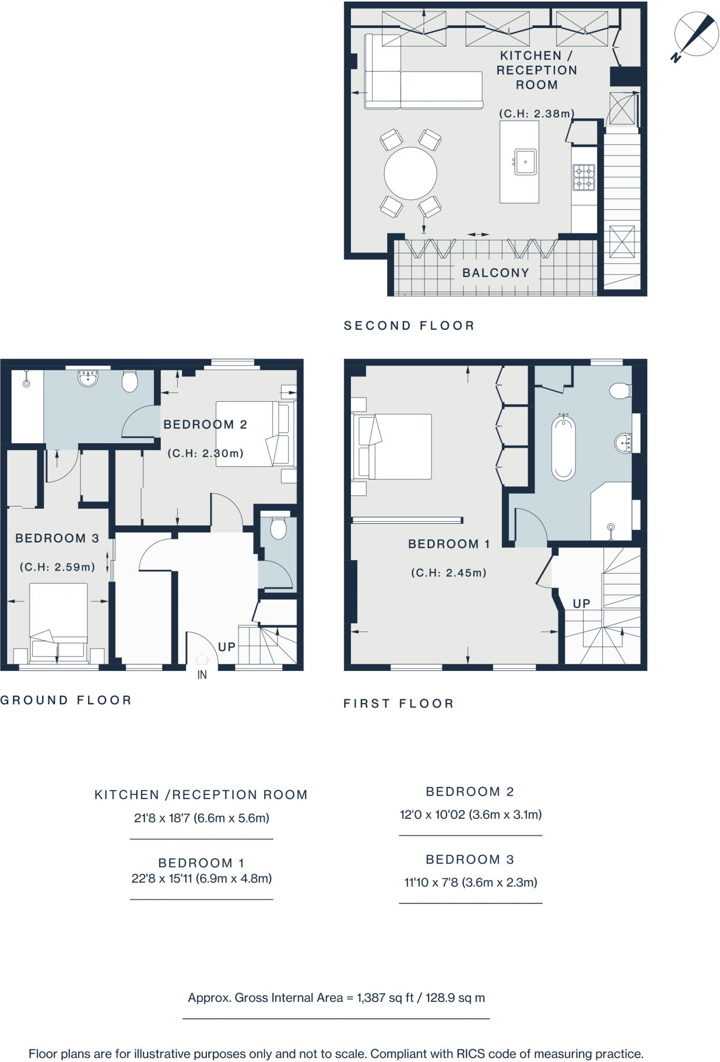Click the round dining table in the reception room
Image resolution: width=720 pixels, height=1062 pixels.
click(x=410, y=173)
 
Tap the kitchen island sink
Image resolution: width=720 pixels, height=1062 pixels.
click(x=525, y=162)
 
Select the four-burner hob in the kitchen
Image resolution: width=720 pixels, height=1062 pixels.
click(x=584, y=177)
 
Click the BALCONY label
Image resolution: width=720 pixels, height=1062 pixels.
click(x=496, y=273)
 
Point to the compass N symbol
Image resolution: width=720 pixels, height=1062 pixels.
click(x=675, y=58)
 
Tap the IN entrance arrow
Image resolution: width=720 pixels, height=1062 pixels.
click(x=202, y=659)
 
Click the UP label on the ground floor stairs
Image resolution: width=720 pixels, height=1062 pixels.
click(x=227, y=647)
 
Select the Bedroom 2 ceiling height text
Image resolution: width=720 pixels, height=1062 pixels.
click(x=205, y=453)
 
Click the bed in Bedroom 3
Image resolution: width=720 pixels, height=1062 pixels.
click(x=58, y=622)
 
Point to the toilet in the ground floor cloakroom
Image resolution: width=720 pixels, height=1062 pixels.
click(x=278, y=529)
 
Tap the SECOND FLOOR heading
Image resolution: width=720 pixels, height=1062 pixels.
click(x=409, y=326)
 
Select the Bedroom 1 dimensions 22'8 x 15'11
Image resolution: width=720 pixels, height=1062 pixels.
click(x=201, y=878)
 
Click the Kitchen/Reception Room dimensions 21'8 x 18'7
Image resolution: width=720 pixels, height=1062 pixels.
click(x=201, y=818)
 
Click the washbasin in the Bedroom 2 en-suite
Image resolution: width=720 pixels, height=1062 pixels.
click(x=89, y=378)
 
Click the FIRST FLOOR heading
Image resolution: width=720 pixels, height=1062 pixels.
click(x=398, y=704)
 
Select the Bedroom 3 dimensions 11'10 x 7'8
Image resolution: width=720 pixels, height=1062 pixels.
click(x=470, y=883)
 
